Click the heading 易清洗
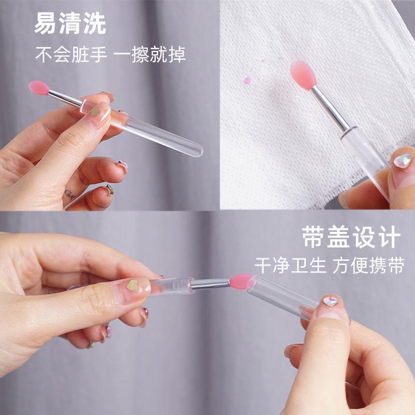click(x=70, y=24)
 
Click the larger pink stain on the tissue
click(x=247, y=80)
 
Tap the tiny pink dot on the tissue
click(x=262, y=61)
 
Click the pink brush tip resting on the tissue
click(x=304, y=75)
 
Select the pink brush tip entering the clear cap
click(x=241, y=281)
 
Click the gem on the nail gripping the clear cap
click(x=330, y=301)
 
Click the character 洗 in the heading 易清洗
click(x=94, y=24)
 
